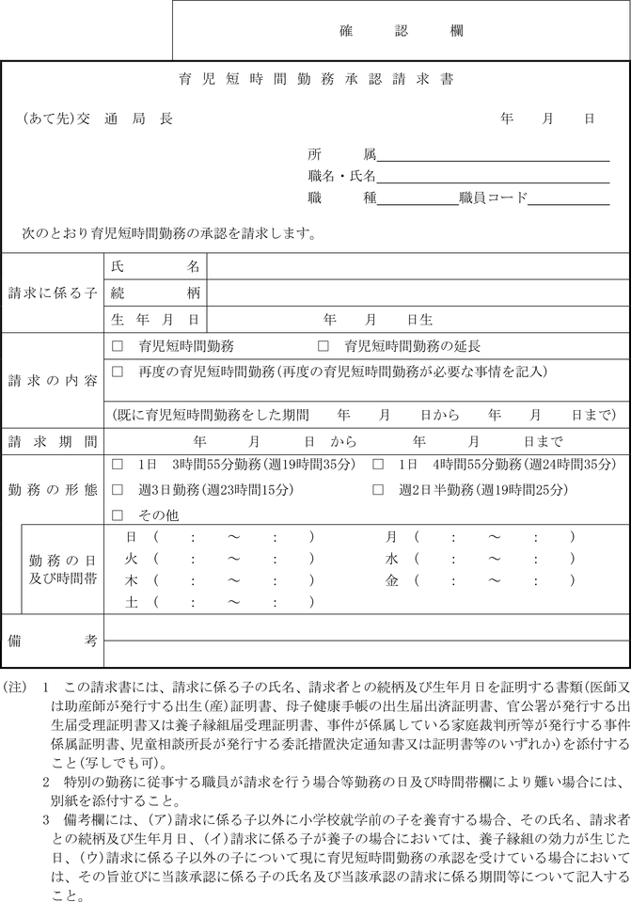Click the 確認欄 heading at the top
point(400,30)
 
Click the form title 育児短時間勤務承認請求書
point(316,80)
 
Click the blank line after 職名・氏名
point(493,177)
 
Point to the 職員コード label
point(493,198)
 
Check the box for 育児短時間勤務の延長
point(323,346)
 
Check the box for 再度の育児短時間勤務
point(118,372)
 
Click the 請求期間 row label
point(53,440)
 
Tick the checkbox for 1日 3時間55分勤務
point(118,465)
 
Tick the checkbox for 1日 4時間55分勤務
point(378,465)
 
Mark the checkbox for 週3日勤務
point(118,490)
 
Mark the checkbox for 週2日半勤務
point(378,490)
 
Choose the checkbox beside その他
point(118,515)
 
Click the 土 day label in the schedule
point(132,603)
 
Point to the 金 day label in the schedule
point(392,581)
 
